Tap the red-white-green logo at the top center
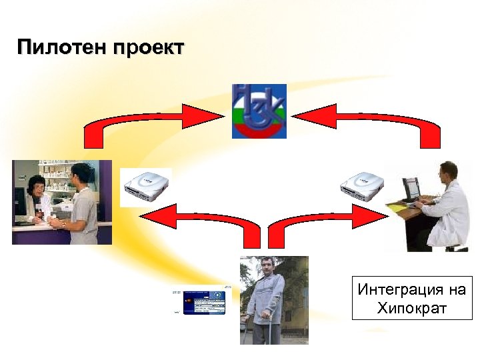pos(259,111)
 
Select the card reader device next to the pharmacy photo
pos(145,187)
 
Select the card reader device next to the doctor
pos(362,186)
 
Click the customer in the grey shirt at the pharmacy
pos(83,207)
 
